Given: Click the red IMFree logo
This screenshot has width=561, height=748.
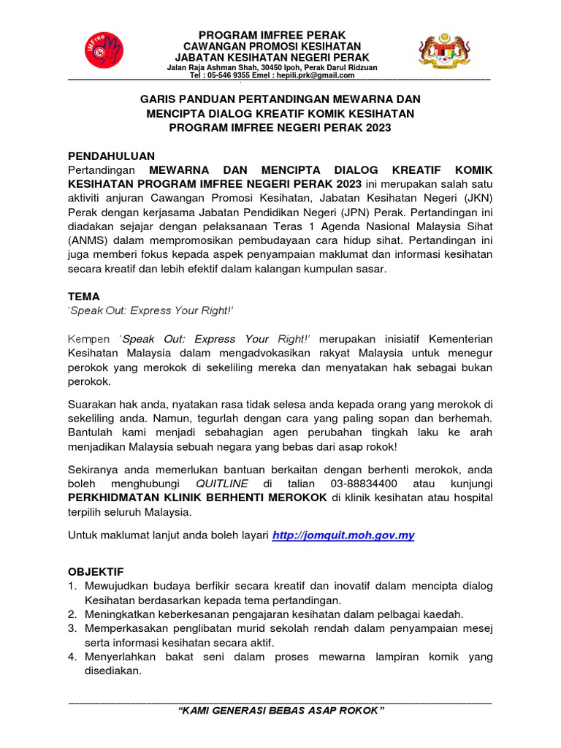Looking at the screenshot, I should click(x=103, y=51).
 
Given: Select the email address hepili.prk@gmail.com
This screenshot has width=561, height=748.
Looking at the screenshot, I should click(x=319, y=75).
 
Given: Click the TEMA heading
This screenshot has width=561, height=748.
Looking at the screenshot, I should click(x=83, y=297).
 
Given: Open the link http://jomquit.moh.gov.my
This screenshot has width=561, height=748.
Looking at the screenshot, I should click(x=343, y=535).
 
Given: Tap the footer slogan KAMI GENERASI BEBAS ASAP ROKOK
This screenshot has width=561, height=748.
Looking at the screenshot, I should click(x=281, y=711).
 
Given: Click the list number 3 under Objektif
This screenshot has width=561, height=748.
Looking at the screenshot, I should click(x=72, y=628).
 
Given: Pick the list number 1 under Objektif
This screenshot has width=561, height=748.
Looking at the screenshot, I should click(x=72, y=587).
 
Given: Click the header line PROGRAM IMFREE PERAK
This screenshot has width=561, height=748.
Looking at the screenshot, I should click(x=272, y=35).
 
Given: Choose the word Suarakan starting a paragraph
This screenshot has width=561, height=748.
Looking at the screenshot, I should click(x=96, y=404).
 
